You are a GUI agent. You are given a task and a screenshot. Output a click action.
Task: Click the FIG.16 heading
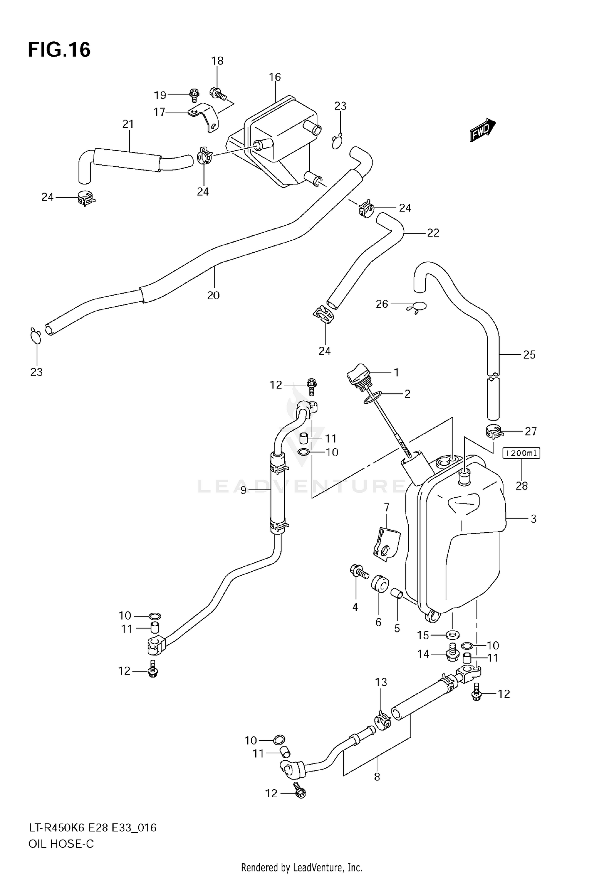tap(59, 50)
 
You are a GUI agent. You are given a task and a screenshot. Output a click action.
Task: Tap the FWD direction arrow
tap(482, 130)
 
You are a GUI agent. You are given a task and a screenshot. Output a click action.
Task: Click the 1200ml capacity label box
tap(521, 453)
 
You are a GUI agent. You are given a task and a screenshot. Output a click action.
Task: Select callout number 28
tap(521, 486)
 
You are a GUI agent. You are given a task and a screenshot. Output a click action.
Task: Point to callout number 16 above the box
tap(275, 77)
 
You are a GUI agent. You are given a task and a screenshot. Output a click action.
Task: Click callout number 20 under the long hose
tap(213, 295)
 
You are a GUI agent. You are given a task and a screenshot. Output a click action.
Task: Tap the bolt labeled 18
tap(218, 94)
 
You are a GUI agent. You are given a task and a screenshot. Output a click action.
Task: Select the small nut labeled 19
tap(194, 95)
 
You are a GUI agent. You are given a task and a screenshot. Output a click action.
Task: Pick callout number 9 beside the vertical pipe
tap(243, 490)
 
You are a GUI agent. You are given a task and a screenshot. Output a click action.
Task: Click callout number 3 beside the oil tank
tap(533, 519)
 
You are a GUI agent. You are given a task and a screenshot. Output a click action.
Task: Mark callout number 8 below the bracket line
tap(377, 776)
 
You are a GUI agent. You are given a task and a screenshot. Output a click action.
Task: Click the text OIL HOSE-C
tap(61, 844)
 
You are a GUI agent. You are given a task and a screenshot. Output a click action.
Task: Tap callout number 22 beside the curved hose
tap(433, 233)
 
